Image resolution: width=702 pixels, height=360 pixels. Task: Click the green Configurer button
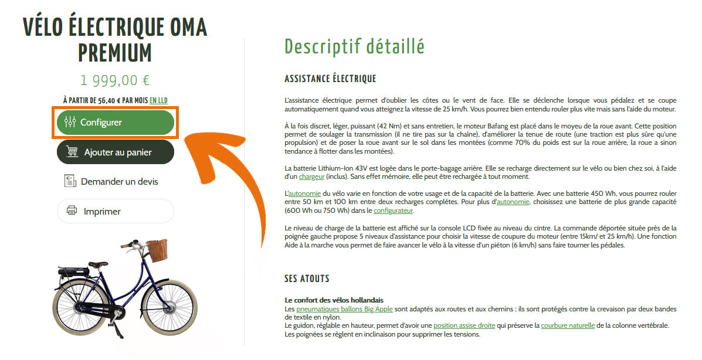[116, 123]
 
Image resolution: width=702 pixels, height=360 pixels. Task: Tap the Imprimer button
[116, 211]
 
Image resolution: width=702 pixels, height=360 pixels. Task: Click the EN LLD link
[158, 100]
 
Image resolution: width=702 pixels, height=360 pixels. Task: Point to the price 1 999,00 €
[115, 80]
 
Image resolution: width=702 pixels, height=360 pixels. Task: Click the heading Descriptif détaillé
[354, 46]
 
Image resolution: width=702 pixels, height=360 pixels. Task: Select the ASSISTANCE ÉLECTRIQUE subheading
[330, 79]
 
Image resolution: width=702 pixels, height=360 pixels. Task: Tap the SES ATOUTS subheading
[307, 279]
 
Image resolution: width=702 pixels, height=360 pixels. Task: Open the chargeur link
[311, 176]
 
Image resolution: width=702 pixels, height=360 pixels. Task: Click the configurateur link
[393, 210]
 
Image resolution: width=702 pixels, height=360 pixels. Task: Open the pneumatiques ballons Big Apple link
[344, 309]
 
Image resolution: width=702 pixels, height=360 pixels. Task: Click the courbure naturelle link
[568, 325]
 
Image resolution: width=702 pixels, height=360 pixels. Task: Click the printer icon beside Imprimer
[72, 211]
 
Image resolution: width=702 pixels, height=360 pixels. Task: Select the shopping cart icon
[72, 152]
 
